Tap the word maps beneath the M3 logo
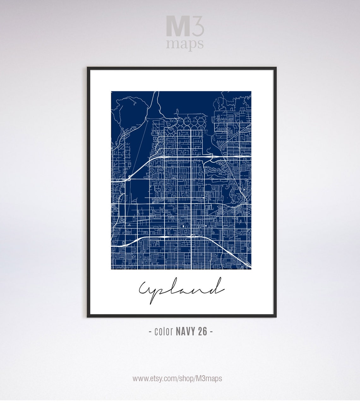(185, 44)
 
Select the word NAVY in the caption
(186, 331)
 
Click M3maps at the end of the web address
(209, 378)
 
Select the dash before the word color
(150, 332)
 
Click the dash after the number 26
(211, 332)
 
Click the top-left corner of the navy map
(111, 92)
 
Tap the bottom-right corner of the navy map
(251, 269)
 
